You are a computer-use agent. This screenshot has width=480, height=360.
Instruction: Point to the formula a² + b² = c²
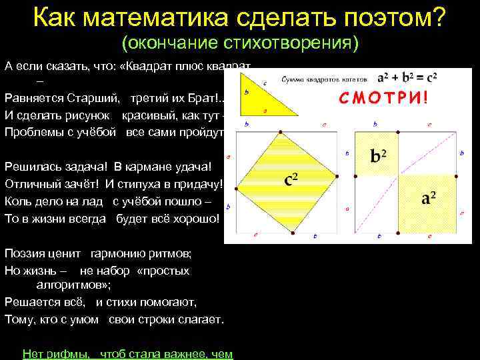pyautogui.click(x=407, y=77)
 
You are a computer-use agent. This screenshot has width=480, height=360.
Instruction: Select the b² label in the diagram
pyautogui.click(x=379, y=157)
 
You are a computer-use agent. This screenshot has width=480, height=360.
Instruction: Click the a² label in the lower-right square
pyautogui.click(x=429, y=199)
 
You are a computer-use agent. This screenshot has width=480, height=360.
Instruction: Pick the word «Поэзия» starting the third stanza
pyautogui.click(x=27, y=254)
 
